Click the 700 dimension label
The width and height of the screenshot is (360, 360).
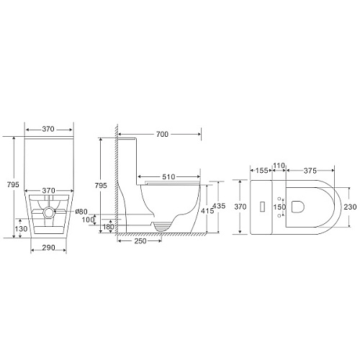tap(162, 135)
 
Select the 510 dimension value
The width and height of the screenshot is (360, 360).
tap(168, 177)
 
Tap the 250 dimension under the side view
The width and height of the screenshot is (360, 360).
tap(140, 240)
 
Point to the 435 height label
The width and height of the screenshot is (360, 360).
tap(220, 206)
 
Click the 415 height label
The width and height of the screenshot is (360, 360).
tap(207, 211)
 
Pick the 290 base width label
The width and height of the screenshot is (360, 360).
tap(49, 248)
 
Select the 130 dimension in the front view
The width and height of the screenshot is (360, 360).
tap(21, 229)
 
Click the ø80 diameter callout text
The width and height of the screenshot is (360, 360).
tap(81, 212)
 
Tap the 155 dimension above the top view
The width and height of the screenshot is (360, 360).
tap(261, 171)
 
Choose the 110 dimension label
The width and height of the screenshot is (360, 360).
tap(279, 166)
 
